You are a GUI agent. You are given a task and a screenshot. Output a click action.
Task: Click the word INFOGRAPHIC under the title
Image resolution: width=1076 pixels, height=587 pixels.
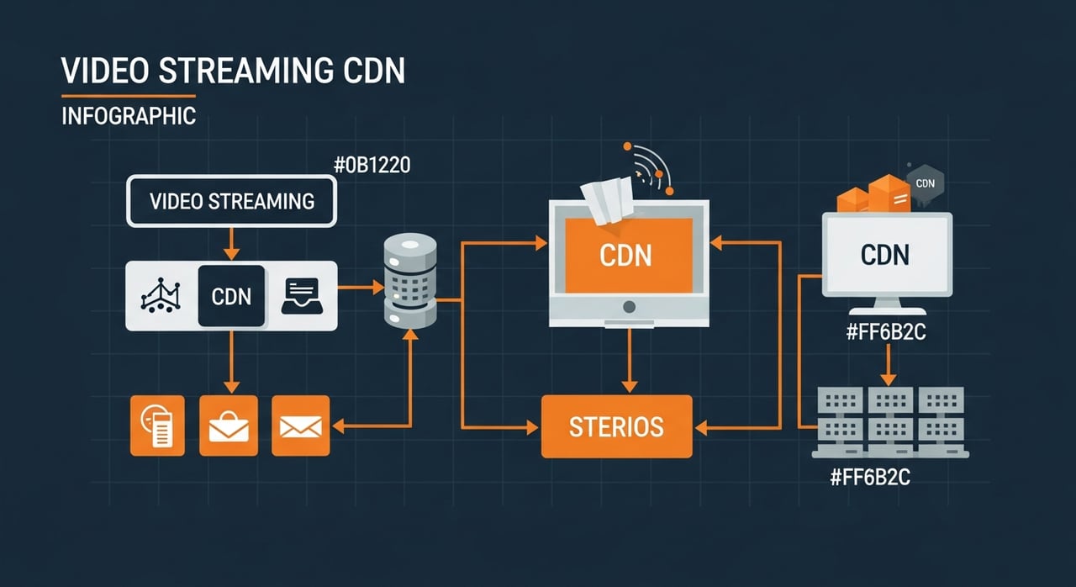click(x=129, y=115)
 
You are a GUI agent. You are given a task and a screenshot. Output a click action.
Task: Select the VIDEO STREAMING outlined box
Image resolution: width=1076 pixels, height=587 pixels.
click(x=231, y=201)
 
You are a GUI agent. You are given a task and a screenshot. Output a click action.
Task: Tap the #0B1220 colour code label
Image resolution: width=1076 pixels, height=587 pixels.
click(x=372, y=165)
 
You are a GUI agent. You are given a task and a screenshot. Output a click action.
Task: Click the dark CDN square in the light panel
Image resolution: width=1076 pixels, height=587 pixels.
click(x=231, y=296)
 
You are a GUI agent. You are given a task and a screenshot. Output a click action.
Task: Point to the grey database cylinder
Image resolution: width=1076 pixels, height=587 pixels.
click(x=410, y=281)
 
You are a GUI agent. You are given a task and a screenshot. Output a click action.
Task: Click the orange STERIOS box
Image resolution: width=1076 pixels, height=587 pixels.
click(x=616, y=426)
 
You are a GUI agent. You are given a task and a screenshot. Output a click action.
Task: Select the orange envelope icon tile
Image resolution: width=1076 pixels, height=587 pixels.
click(x=301, y=427)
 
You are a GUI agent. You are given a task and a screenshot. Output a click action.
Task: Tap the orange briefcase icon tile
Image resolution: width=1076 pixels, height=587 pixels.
click(x=228, y=427)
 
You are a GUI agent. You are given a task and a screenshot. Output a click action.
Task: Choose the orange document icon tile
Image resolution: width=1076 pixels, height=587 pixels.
click(x=157, y=427)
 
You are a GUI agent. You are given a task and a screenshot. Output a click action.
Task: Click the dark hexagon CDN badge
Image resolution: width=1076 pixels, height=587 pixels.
click(x=925, y=182)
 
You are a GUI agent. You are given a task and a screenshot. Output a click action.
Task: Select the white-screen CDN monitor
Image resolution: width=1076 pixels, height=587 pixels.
click(x=887, y=254)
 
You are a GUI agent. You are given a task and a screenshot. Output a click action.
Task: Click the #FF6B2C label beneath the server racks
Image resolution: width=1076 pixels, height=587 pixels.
click(x=870, y=478)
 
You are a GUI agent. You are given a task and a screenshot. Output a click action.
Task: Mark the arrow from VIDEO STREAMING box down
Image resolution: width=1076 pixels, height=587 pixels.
click(x=231, y=244)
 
